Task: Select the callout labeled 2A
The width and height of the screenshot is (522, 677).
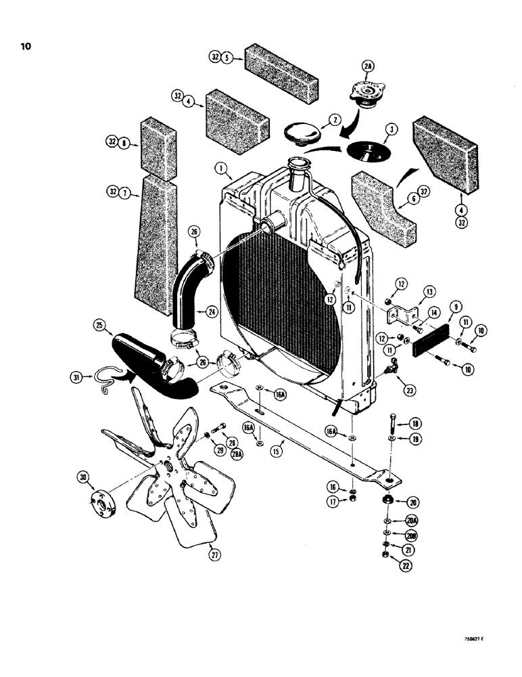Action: click(x=368, y=66)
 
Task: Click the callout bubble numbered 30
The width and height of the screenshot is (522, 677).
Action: click(x=85, y=479)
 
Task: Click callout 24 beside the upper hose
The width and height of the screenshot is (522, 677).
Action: click(x=211, y=312)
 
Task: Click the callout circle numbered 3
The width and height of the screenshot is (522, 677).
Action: click(x=390, y=129)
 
